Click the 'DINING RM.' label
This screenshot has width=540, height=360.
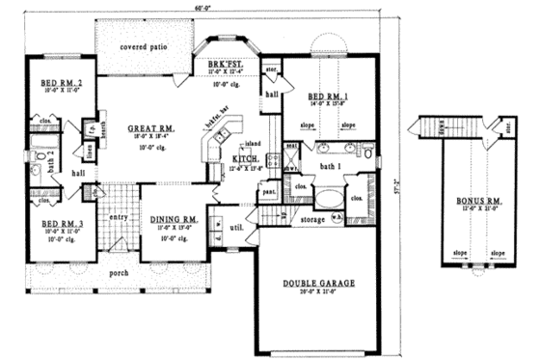pos(175,221)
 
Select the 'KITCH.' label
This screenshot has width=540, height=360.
pos(245,158)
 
